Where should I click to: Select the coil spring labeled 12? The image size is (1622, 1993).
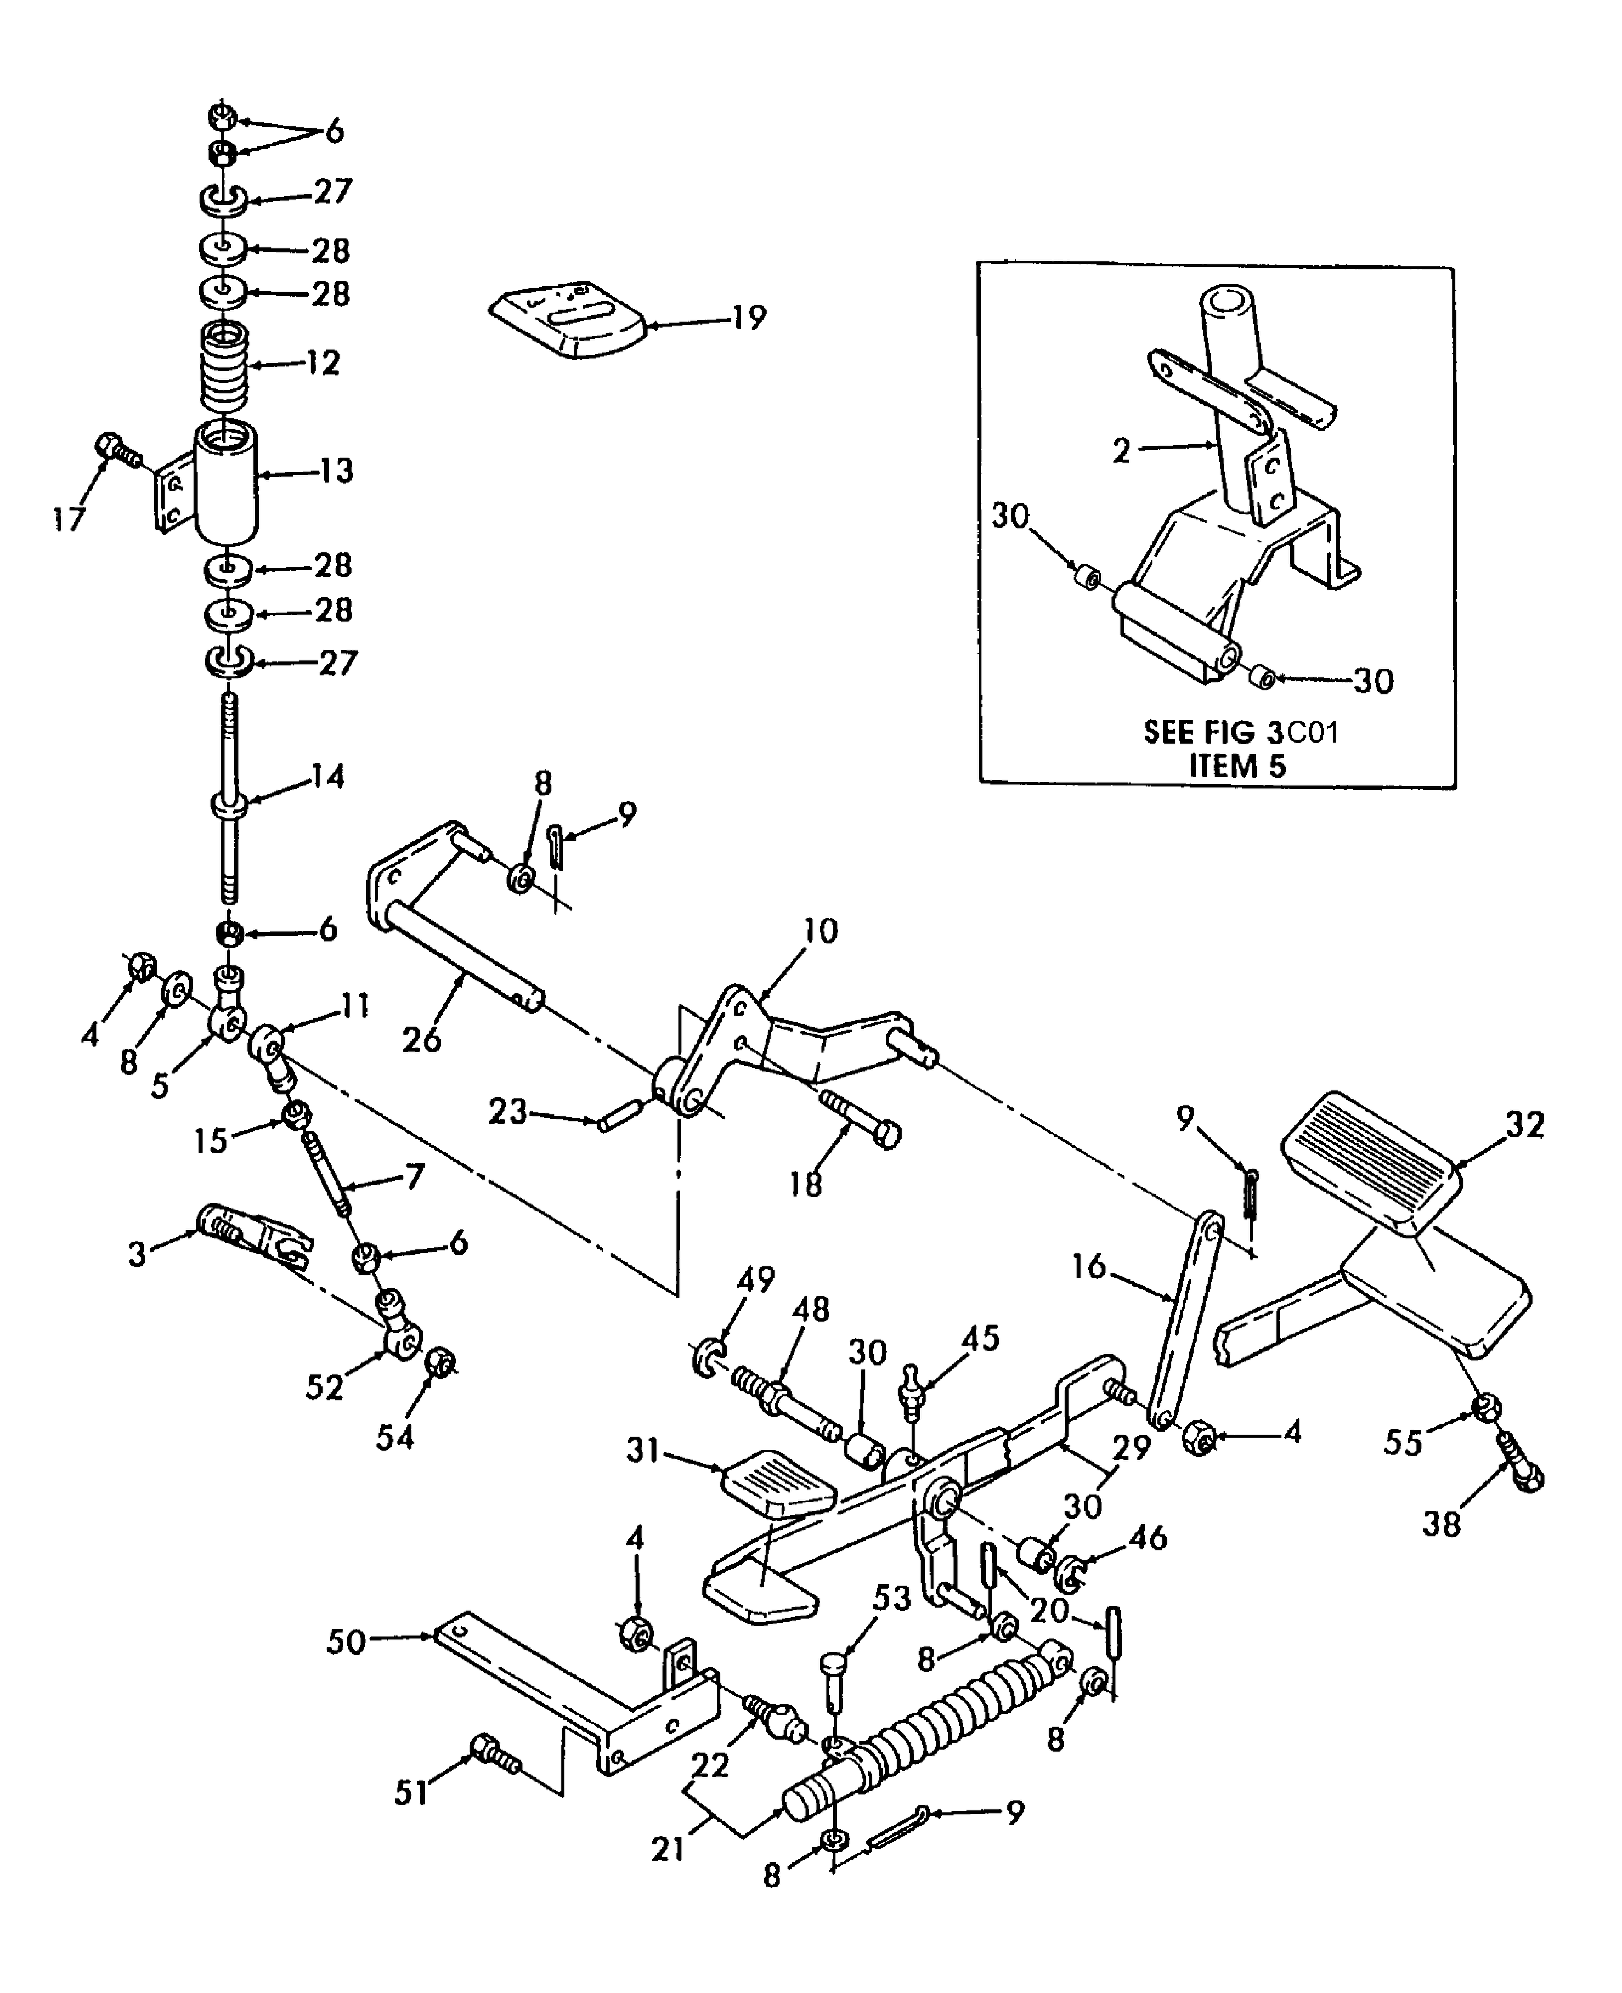click(x=224, y=367)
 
